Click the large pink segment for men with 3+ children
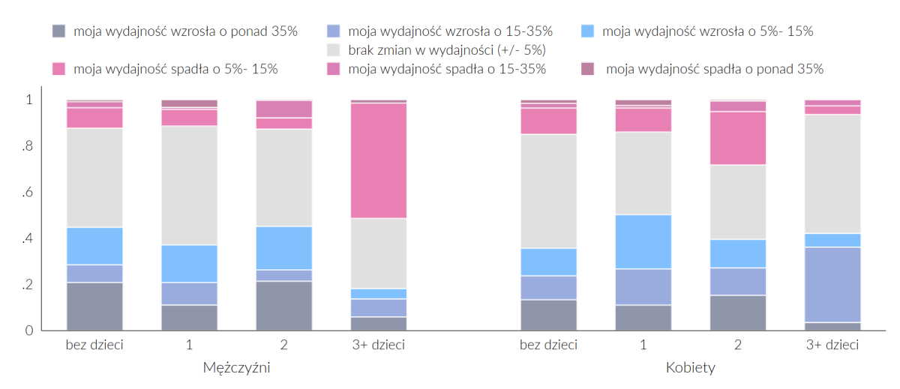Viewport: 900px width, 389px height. pyautogui.click(x=379, y=160)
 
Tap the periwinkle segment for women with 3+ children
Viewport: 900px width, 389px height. pyautogui.click(x=832, y=284)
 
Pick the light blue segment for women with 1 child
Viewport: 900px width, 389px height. pyautogui.click(x=643, y=241)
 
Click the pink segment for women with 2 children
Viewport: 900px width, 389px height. pyautogui.click(x=738, y=138)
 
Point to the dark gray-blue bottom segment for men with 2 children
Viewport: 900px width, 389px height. pyautogui.click(x=284, y=306)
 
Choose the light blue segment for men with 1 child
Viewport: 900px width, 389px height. pyautogui.click(x=190, y=263)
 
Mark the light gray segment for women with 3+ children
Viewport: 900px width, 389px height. pyautogui.click(x=832, y=174)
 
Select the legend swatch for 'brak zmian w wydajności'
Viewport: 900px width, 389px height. pyautogui.click(x=334, y=50)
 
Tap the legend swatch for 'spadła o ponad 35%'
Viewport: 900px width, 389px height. pyautogui.click(x=588, y=69)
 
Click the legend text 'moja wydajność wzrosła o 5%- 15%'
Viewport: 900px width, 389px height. pyautogui.click(x=707, y=31)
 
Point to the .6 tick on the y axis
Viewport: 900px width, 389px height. pyautogui.click(x=28, y=193)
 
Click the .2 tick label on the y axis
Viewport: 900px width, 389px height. pyautogui.click(x=28, y=285)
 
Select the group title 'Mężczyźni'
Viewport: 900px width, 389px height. pyautogui.click(x=236, y=368)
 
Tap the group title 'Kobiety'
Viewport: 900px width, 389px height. pyautogui.click(x=690, y=368)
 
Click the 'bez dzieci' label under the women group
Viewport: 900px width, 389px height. pyautogui.click(x=549, y=346)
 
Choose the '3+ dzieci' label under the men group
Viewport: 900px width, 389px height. pyautogui.click(x=379, y=346)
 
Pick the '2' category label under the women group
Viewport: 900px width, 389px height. pyautogui.click(x=738, y=346)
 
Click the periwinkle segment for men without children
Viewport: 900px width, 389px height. pyautogui.click(x=94, y=274)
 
